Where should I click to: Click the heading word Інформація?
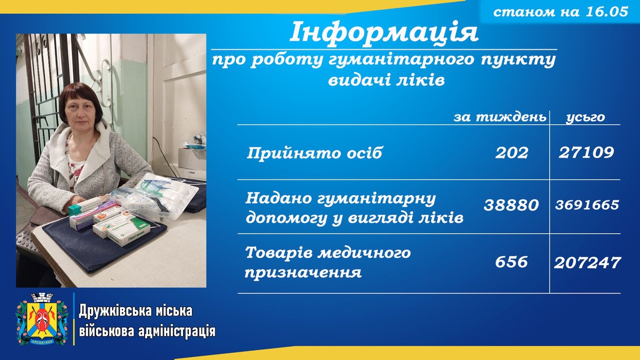pyautogui.click(x=384, y=32)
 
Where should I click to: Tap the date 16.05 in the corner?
pyautogui.click(x=606, y=11)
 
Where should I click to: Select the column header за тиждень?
pyautogui.click(x=500, y=117)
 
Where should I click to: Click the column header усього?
pyautogui.click(x=585, y=117)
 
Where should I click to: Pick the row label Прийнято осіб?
pyautogui.click(x=314, y=153)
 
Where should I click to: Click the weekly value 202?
pyautogui.click(x=512, y=152)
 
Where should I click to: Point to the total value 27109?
pyautogui.click(x=586, y=152)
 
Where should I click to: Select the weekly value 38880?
pyautogui.click(x=511, y=205)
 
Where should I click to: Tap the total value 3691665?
pyautogui.click(x=587, y=205)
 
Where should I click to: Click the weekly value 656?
pyautogui.click(x=512, y=262)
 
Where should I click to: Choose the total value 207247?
pyautogui.click(x=587, y=262)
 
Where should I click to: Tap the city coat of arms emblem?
pyautogui.click(x=41, y=319)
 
